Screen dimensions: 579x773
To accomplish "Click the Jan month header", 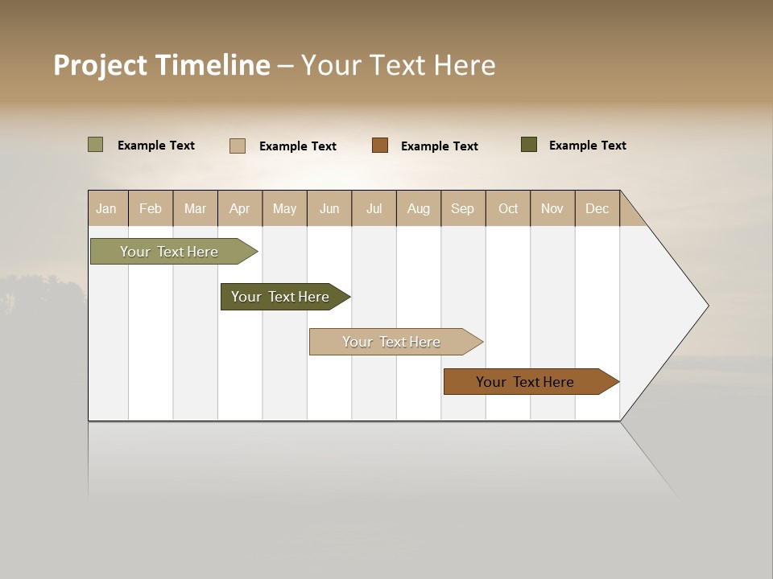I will (106, 208).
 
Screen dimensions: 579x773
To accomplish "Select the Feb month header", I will (151, 208).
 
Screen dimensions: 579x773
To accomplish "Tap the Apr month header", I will (239, 208).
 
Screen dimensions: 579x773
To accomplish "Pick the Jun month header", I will (329, 208).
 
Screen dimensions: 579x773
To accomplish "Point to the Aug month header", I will (418, 208).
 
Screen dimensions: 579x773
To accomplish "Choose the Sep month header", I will (462, 208).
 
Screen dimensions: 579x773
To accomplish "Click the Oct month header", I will (508, 208).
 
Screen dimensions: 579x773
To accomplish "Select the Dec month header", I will (597, 208).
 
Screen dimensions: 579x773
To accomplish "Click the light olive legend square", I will (95, 145).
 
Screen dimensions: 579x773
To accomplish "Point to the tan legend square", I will (238, 146).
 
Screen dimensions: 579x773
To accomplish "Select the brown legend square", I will (380, 146).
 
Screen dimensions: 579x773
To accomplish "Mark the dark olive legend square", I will (529, 145).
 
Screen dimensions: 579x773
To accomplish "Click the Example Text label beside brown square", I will (439, 146).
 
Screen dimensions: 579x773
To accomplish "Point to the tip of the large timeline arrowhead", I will (707, 306).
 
